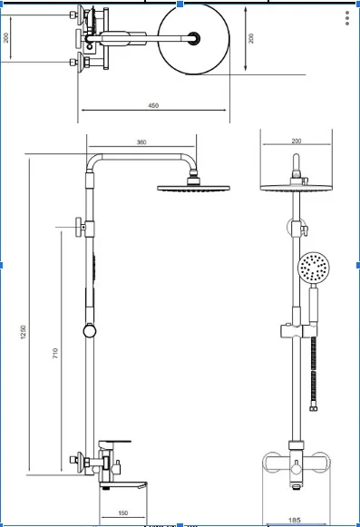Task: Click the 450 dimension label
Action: click(153, 105)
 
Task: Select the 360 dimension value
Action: click(141, 142)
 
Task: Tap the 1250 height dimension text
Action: click(24, 332)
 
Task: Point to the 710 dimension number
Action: click(55, 353)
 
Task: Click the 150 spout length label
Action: click(123, 513)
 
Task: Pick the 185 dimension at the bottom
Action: click(294, 521)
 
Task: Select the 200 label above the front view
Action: click(297, 142)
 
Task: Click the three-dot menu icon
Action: click(347, 18)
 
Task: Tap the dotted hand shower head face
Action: click(314, 268)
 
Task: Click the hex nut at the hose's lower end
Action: click(314, 408)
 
